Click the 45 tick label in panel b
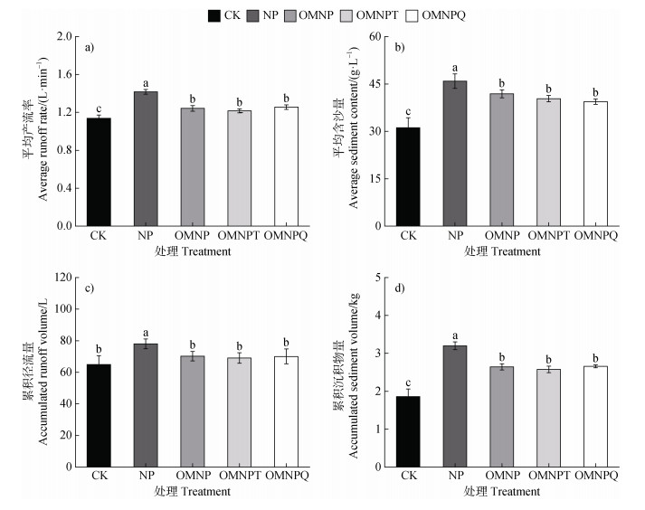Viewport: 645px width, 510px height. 375,84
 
